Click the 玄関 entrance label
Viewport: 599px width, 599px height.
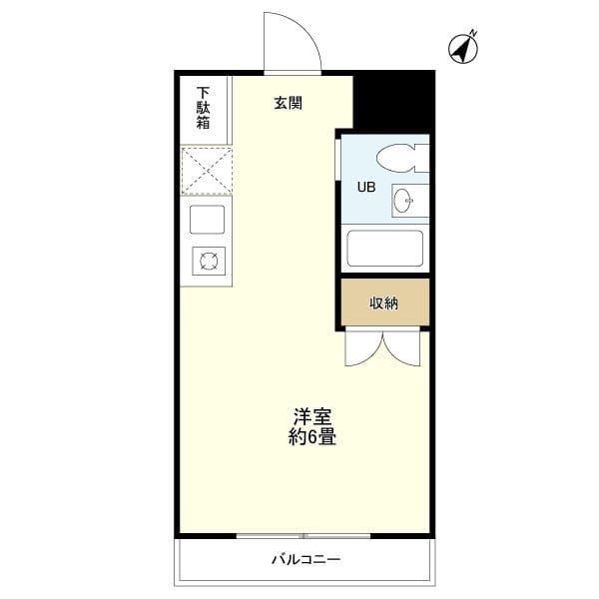[x=289, y=103]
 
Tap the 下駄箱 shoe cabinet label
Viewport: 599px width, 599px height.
[x=204, y=108]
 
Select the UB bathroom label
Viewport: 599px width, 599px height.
[x=366, y=187]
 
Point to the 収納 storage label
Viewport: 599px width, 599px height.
[x=384, y=303]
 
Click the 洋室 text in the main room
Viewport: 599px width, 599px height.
[x=312, y=416]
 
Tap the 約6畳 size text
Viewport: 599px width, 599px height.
[x=312, y=437]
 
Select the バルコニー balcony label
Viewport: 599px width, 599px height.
[x=306, y=560]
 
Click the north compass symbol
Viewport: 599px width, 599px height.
[x=463, y=48]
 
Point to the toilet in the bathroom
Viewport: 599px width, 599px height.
[x=402, y=158]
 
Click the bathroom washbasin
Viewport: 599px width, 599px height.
[x=410, y=201]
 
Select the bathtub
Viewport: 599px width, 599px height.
[x=385, y=249]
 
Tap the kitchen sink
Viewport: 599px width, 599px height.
[x=207, y=220]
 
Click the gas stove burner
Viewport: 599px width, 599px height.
[x=209, y=261]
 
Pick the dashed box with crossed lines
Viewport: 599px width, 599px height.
[x=207, y=171]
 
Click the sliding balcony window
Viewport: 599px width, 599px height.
[x=303, y=536]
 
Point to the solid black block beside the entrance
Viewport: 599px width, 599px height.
[x=394, y=102]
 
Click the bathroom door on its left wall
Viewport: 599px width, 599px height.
[x=337, y=160]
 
